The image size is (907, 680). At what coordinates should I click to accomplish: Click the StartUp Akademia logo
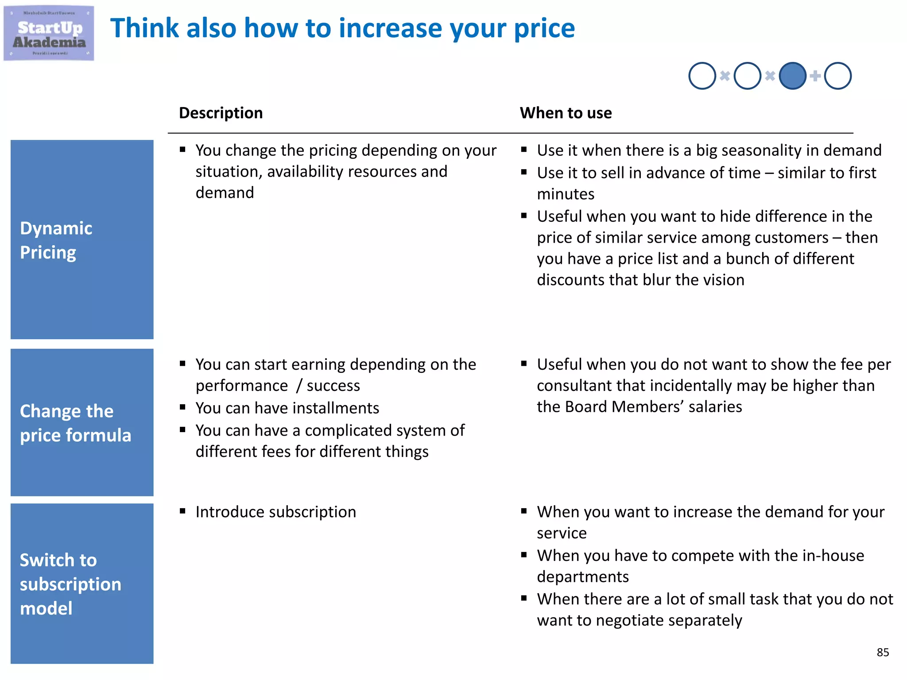pyautogui.click(x=49, y=33)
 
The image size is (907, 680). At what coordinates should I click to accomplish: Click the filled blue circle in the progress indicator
pyautogui.click(x=792, y=76)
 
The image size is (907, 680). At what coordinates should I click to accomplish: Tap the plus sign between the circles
pyautogui.click(x=815, y=76)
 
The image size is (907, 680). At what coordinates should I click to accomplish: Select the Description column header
pyautogui.click(x=221, y=113)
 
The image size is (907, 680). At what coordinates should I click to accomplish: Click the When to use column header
pyautogui.click(x=566, y=113)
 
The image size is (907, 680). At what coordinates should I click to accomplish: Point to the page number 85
pyautogui.click(x=883, y=652)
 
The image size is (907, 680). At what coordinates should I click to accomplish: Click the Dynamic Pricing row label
pyautogui.click(x=56, y=240)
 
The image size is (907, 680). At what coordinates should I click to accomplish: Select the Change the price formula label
pyautogui.click(x=75, y=423)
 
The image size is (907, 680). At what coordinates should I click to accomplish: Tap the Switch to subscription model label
pyautogui.click(x=70, y=584)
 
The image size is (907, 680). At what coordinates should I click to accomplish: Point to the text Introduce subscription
pyautogui.click(x=275, y=512)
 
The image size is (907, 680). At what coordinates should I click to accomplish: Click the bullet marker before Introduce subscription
pyautogui.click(x=182, y=511)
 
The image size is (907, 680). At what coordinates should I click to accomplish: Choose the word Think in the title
pyautogui.click(x=144, y=28)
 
